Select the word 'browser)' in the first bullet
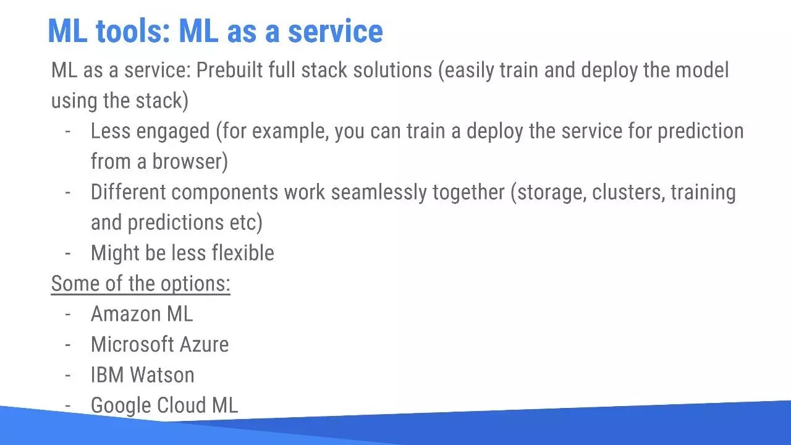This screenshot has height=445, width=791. pyautogui.click(x=190, y=161)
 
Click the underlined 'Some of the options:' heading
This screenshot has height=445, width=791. pyautogui.click(x=140, y=283)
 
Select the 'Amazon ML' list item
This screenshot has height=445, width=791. pyautogui.click(x=142, y=313)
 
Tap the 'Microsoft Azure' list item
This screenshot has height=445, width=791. pyautogui.click(x=159, y=344)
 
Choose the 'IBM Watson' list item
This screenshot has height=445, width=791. pyautogui.click(x=142, y=375)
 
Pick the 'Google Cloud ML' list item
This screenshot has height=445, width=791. pyautogui.click(x=164, y=405)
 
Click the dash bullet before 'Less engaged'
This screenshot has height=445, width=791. pyautogui.click(x=67, y=131)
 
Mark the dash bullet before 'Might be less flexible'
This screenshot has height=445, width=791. pyautogui.click(x=67, y=253)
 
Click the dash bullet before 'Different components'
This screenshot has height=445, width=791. pyautogui.click(x=67, y=192)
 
